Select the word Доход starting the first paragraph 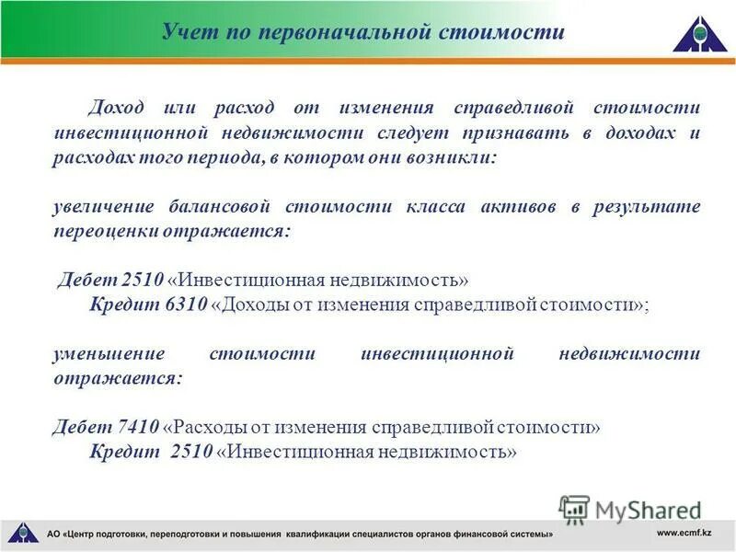(116, 109)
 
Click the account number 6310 (188, 305)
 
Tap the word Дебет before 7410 (83, 428)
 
